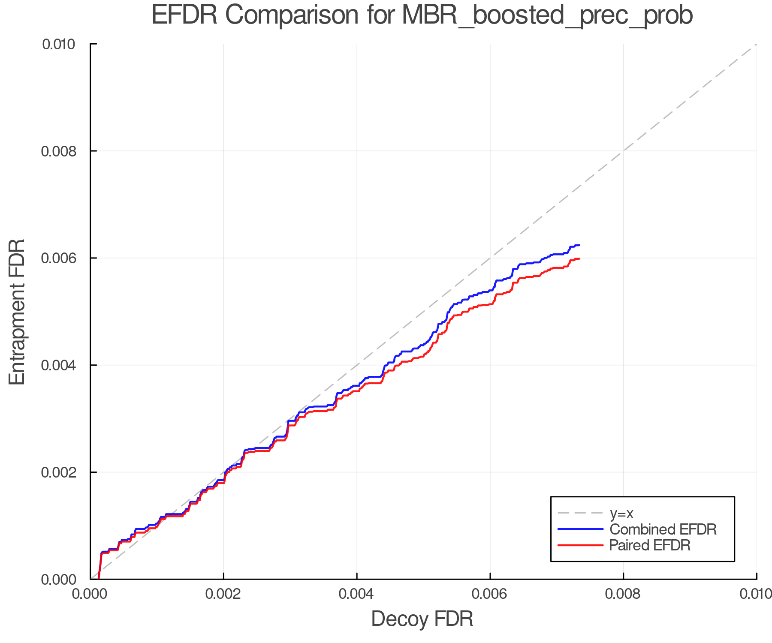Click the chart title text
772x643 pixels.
pos(422,15)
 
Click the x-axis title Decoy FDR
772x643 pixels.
pos(422,619)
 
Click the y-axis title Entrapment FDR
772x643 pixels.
pos(17,312)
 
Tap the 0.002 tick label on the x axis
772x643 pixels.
pos(223,594)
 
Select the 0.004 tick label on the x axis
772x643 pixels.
pos(357,594)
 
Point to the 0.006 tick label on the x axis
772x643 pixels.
pos(490,594)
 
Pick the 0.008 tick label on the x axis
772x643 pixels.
pos(623,594)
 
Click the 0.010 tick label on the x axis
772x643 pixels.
pos(756,594)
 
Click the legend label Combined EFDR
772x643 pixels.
pos(663,529)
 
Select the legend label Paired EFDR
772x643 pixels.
pos(650,545)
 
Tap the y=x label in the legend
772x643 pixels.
pos(621,514)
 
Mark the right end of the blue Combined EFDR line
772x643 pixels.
pos(579,245)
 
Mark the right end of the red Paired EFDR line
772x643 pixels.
pos(579,258)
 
